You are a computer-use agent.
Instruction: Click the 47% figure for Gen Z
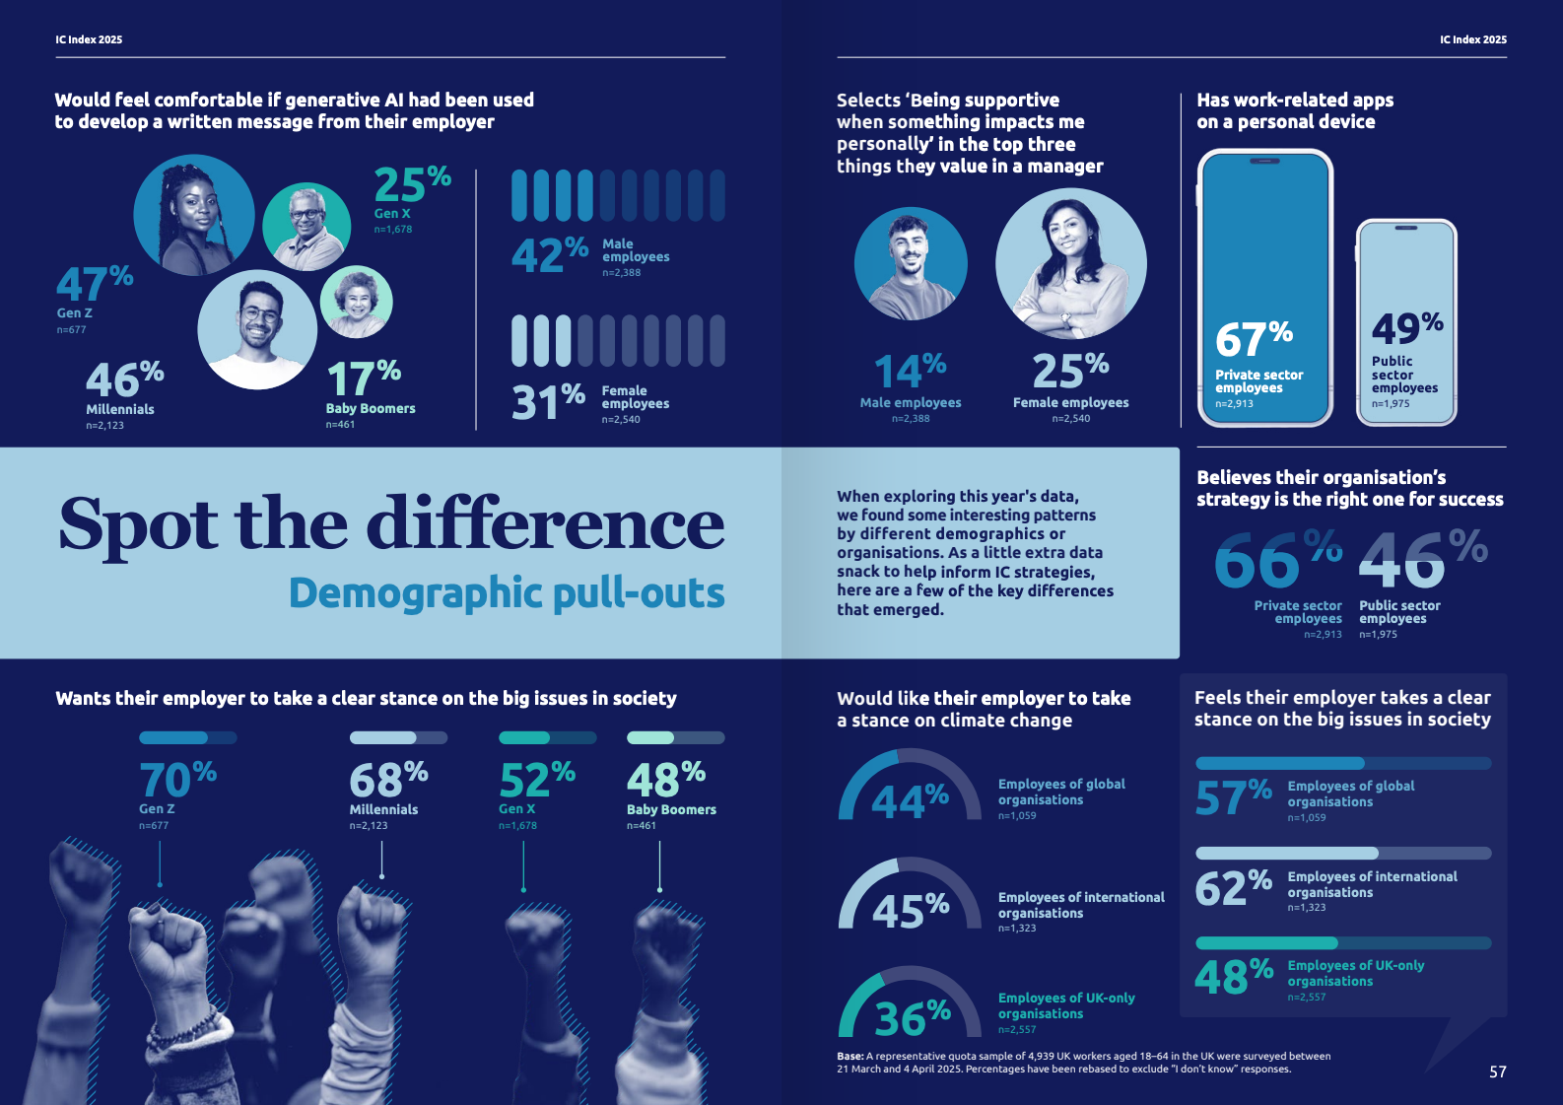94,284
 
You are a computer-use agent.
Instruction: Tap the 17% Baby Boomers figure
363,380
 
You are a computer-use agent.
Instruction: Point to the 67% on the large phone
1253,340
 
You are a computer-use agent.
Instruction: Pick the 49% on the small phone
1406,328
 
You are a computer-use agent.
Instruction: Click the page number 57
1497,1071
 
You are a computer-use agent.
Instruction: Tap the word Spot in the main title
138,525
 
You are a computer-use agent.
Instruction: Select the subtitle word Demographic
413,593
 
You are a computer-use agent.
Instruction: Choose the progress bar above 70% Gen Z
187,737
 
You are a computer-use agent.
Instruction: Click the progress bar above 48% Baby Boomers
675,737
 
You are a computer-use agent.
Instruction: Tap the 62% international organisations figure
1233,888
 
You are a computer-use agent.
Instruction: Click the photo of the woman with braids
193,215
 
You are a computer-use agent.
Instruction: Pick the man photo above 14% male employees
911,263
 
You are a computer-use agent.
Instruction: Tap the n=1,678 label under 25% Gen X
392,229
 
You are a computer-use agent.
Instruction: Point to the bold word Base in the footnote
850,1056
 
